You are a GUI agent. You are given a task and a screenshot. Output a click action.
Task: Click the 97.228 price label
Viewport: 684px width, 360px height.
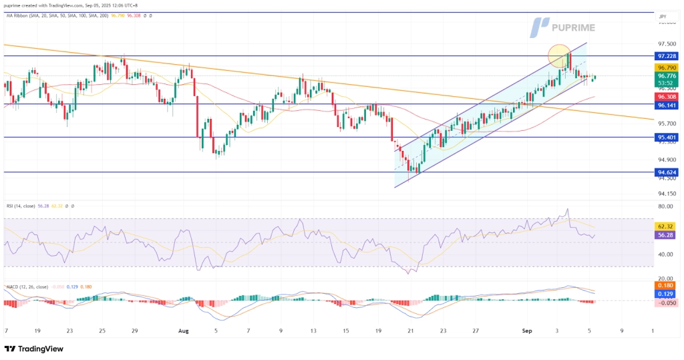668,56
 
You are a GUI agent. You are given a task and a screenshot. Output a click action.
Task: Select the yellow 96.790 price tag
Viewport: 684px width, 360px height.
668,68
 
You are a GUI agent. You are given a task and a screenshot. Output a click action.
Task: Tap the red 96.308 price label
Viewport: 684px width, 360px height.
668,97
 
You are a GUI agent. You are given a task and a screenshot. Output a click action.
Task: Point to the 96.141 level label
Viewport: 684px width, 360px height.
668,105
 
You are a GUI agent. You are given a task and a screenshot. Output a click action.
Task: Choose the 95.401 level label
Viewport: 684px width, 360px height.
668,138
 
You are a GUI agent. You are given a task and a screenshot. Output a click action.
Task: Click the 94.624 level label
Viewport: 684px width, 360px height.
668,172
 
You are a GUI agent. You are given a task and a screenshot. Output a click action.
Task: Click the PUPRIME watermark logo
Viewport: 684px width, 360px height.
568,27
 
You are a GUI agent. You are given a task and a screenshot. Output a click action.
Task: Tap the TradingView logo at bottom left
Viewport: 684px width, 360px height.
35,349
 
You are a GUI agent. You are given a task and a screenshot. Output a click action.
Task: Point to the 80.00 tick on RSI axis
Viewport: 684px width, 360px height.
665,206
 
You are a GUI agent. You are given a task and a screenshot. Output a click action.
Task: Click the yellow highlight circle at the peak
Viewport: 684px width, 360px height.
561,55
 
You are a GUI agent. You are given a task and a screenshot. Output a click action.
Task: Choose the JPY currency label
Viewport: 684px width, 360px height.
662,17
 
